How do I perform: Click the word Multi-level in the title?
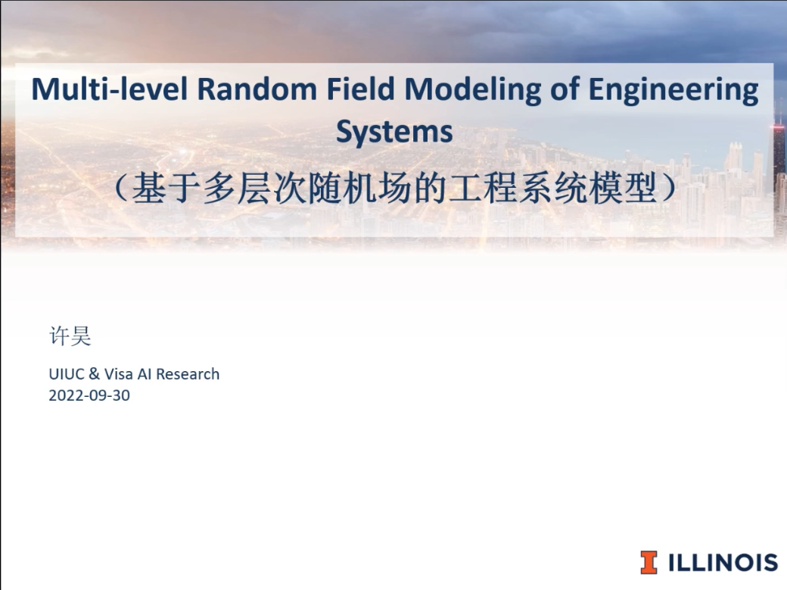coord(110,89)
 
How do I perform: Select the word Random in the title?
coord(257,89)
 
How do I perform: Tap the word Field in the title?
coord(360,89)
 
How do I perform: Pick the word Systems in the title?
coord(394,133)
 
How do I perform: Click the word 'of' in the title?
coord(565,89)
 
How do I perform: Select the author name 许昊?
coord(70,336)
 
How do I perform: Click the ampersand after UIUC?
coord(94,374)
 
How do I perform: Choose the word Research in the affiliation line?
coord(188,374)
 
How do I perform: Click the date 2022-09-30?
coord(89,395)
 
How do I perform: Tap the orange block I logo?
coord(649,563)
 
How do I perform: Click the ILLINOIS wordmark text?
coord(723,563)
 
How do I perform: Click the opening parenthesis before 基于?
coord(121,189)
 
